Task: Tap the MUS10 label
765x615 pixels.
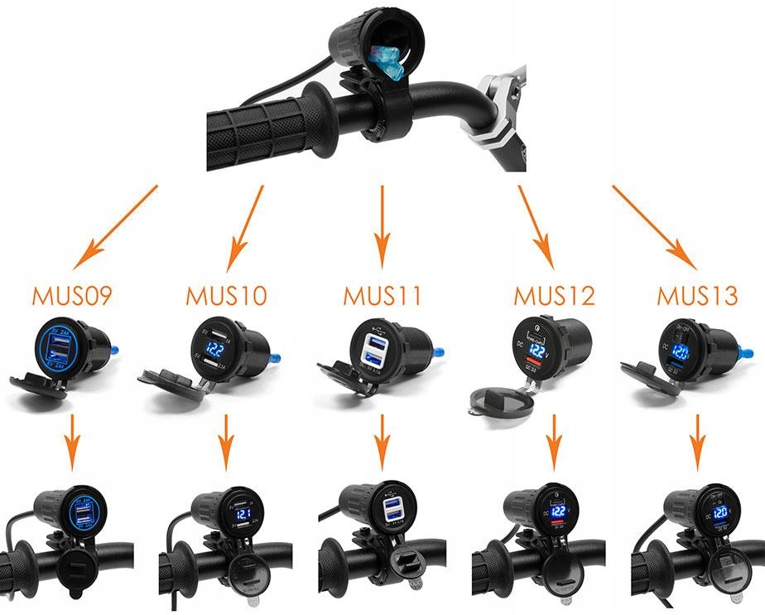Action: (x=226, y=296)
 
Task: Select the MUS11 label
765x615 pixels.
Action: (x=382, y=296)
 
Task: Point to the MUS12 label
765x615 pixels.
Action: (x=554, y=296)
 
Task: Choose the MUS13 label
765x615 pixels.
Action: (x=697, y=296)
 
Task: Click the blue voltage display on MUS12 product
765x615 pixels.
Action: (x=539, y=352)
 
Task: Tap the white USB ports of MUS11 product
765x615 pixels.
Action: (x=374, y=351)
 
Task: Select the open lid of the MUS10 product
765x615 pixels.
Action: (x=172, y=383)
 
